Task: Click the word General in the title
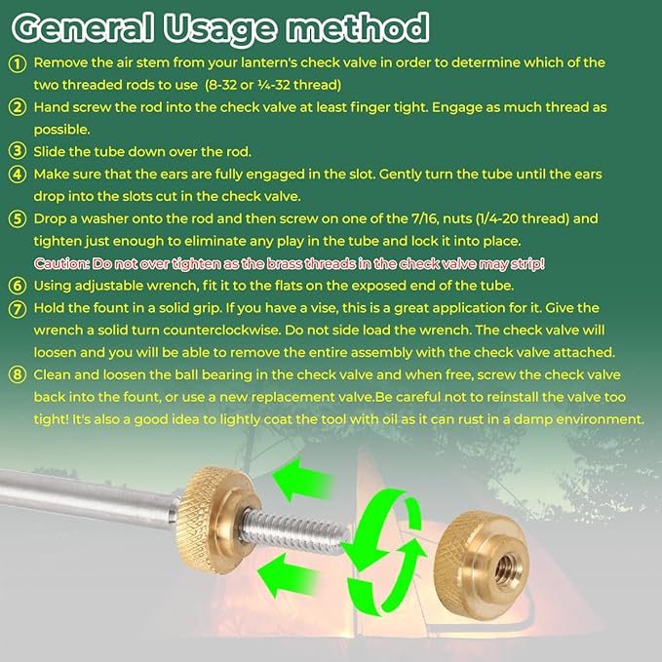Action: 83,28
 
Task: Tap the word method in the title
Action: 358,28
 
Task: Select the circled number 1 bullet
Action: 18,63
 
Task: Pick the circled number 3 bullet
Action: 18,151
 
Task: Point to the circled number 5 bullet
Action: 18,219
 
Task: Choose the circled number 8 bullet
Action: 18,375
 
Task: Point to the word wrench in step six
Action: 171,286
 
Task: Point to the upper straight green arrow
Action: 302,480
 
